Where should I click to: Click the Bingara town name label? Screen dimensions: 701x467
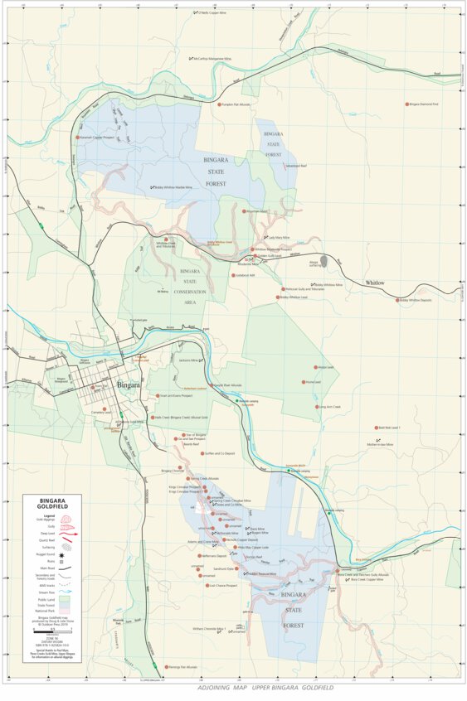(129, 385)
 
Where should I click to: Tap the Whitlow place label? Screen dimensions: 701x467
(375, 283)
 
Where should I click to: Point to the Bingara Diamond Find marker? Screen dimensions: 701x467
(408, 104)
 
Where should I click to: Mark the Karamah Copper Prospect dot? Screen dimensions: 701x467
(79, 138)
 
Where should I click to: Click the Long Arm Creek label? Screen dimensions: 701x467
(330, 407)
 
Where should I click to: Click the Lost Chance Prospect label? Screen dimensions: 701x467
(223, 585)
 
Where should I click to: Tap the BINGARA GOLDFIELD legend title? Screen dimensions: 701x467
(59, 504)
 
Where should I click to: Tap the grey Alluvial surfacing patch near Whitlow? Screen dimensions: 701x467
(323, 262)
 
